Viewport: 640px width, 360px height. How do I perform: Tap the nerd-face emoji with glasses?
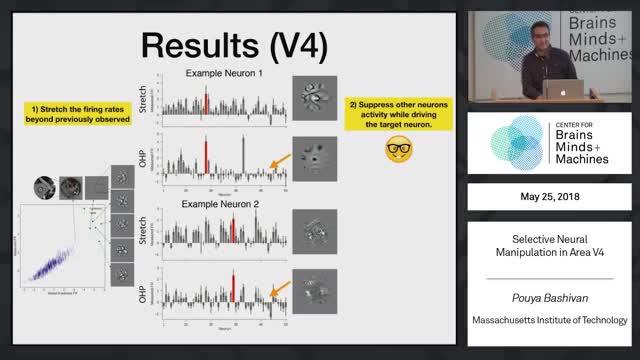(400, 150)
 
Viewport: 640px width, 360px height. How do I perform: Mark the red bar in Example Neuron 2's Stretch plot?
(233, 230)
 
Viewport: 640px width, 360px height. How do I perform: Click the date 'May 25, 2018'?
(553, 196)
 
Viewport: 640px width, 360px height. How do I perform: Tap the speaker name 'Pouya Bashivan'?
(553, 298)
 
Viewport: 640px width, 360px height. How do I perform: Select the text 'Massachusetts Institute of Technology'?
(553, 320)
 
